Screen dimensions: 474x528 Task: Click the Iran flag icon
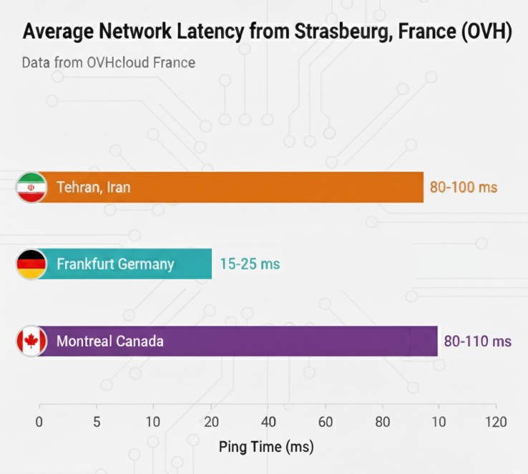coord(31,188)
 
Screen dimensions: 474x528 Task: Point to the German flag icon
coord(31,264)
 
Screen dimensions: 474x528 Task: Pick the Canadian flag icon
coord(31,341)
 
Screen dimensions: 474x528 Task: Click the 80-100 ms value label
coord(463,188)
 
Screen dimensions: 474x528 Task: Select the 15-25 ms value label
coord(250,264)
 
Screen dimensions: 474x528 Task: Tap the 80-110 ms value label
coord(477,341)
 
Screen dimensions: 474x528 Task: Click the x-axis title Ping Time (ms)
coord(265,448)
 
